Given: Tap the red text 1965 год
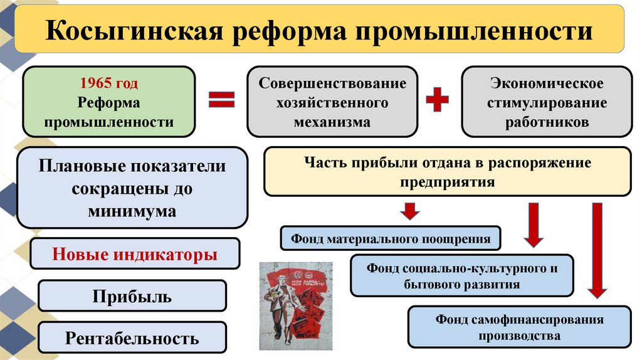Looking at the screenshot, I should coord(108,84).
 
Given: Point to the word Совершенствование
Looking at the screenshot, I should coord(332,83).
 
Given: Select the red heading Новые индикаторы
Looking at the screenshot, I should coord(135,255).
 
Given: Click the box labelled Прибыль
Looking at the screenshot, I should coord(132,296).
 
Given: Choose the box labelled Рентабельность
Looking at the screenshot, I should coord(132,339).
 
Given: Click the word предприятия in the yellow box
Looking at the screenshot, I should coord(448,182).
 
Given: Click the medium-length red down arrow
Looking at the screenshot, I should coord(534,225).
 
